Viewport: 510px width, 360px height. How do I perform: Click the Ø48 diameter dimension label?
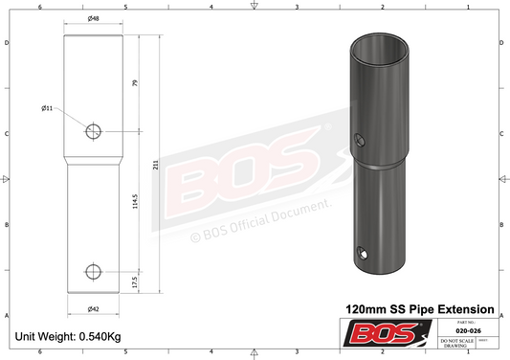pos(93,19)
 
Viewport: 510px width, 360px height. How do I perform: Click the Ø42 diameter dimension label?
pos(93,308)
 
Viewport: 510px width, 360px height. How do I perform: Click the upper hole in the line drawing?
pos(93,131)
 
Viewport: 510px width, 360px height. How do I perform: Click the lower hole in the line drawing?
pos(93,270)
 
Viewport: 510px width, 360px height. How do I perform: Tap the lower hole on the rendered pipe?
pos(364,253)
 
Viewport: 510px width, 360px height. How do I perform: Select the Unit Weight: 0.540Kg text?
pos(66,337)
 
